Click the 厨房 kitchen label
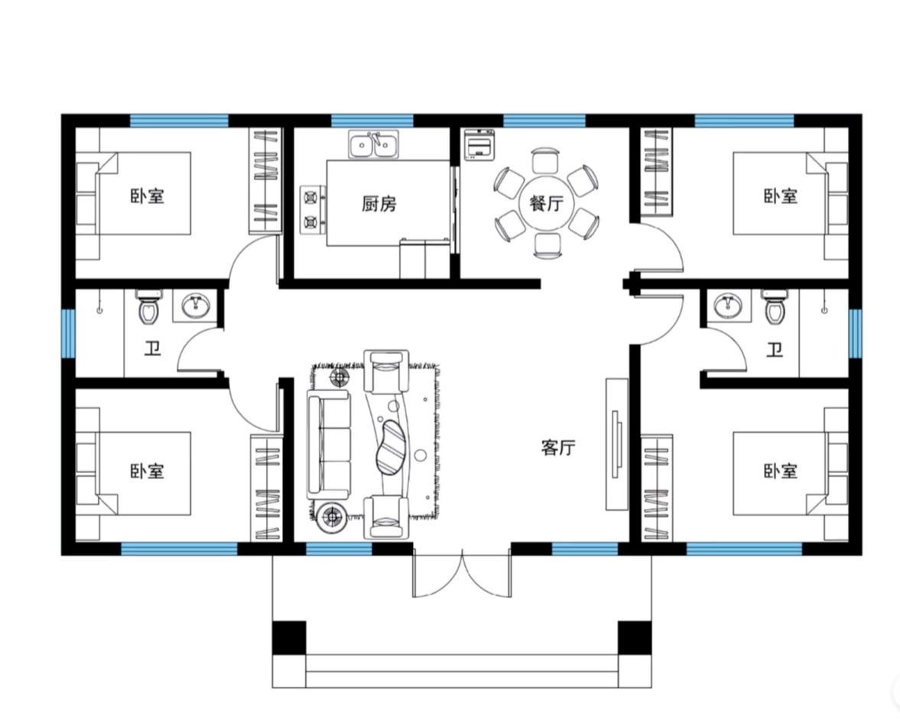(379, 203)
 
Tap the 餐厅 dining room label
(547, 203)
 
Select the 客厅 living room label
(558, 447)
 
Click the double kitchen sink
(374, 144)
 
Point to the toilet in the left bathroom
(148, 306)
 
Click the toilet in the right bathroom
(775, 306)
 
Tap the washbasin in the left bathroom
(196, 306)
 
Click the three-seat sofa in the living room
(328, 445)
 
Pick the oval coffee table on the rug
(392, 448)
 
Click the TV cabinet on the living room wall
(618, 444)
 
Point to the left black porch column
(289, 637)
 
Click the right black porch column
(635, 637)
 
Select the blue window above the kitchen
(372, 121)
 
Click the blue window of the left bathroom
(68, 334)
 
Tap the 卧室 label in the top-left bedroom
(148, 196)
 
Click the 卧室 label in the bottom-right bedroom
(781, 471)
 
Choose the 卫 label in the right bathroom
(775, 349)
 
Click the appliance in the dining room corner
(479, 144)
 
